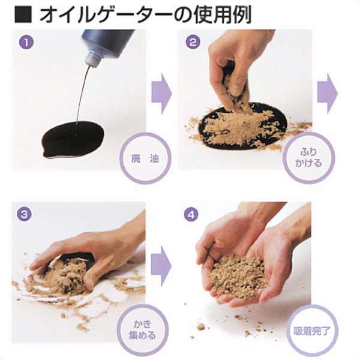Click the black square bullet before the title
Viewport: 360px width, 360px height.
[x=23, y=15]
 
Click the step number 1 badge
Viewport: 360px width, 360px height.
[x=26, y=42]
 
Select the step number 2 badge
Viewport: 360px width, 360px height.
[x=193, y=42]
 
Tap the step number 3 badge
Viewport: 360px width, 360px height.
[x=24, y=215]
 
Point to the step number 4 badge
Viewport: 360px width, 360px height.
[x=191, y=215]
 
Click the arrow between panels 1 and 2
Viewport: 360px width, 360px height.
[x=161, y=94]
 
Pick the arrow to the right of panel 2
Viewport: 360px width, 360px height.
[x=328, y=94]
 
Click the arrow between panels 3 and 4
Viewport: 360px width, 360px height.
[x=161, y=266]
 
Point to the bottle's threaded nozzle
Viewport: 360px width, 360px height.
[x=92, y=59]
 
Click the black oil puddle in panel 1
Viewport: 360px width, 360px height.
[x=73, y=139]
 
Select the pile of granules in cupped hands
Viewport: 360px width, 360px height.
[x=238, y=277]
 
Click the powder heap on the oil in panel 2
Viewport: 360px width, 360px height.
[x=236, y=127]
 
